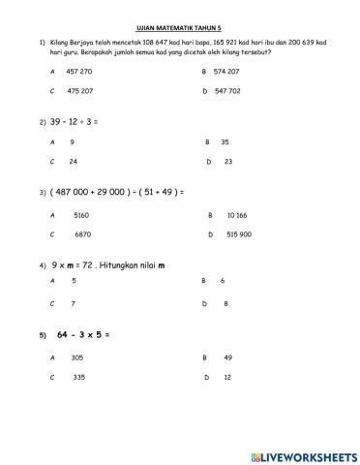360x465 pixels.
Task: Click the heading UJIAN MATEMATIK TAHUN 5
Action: pyautogui.click(x=180, y=30)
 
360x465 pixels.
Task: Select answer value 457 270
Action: pyautogui.click(x=79, y=72)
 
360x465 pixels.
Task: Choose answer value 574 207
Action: pyautogui.click(x=226, y=72)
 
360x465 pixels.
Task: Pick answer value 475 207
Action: pyautogui.click(x=79, y=90)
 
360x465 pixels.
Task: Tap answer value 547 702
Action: pyautogui.click(x=227, y=90)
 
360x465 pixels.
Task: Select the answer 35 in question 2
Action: pyautogui.click(x=225, y=141)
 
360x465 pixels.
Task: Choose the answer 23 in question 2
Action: pyautogui.click(x=227, y=161)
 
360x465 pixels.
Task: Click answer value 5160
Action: pyautogui.click(x=81, y=215)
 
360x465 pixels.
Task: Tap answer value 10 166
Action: pyautogui.click(x=236, y=215)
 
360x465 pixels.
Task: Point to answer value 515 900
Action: pyautogui.click(x=239, y=234)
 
